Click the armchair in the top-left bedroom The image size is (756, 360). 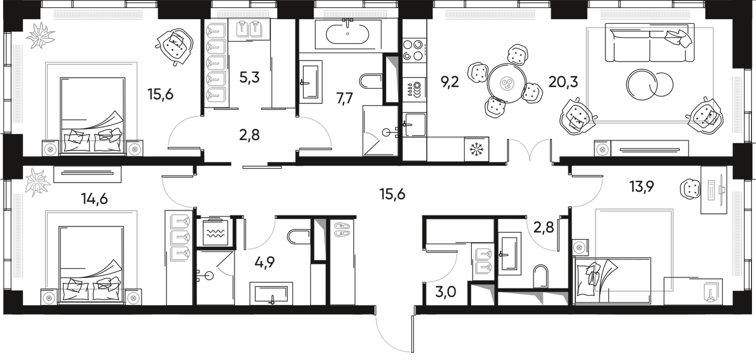[176, 46]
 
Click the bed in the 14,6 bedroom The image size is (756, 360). [91, 257]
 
